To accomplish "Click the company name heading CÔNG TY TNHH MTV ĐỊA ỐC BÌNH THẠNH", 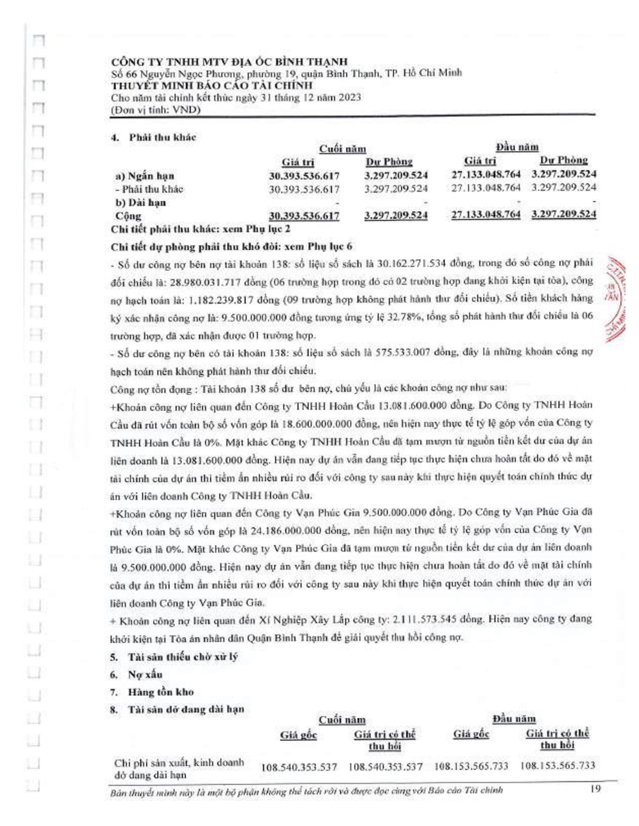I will [x=229, y=62].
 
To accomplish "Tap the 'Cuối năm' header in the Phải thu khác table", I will [x=342, y=149].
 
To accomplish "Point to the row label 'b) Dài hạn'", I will [x=141, y=202].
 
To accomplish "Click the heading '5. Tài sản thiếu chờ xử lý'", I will [x=174, y=657].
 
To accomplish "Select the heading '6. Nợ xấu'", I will [x=136, y=675].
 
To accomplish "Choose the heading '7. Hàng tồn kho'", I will [x=152, y=692].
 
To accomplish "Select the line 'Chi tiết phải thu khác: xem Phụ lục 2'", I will [x=201, y=229].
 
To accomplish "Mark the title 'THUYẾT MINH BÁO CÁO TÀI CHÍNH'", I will [x=212, y=86].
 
